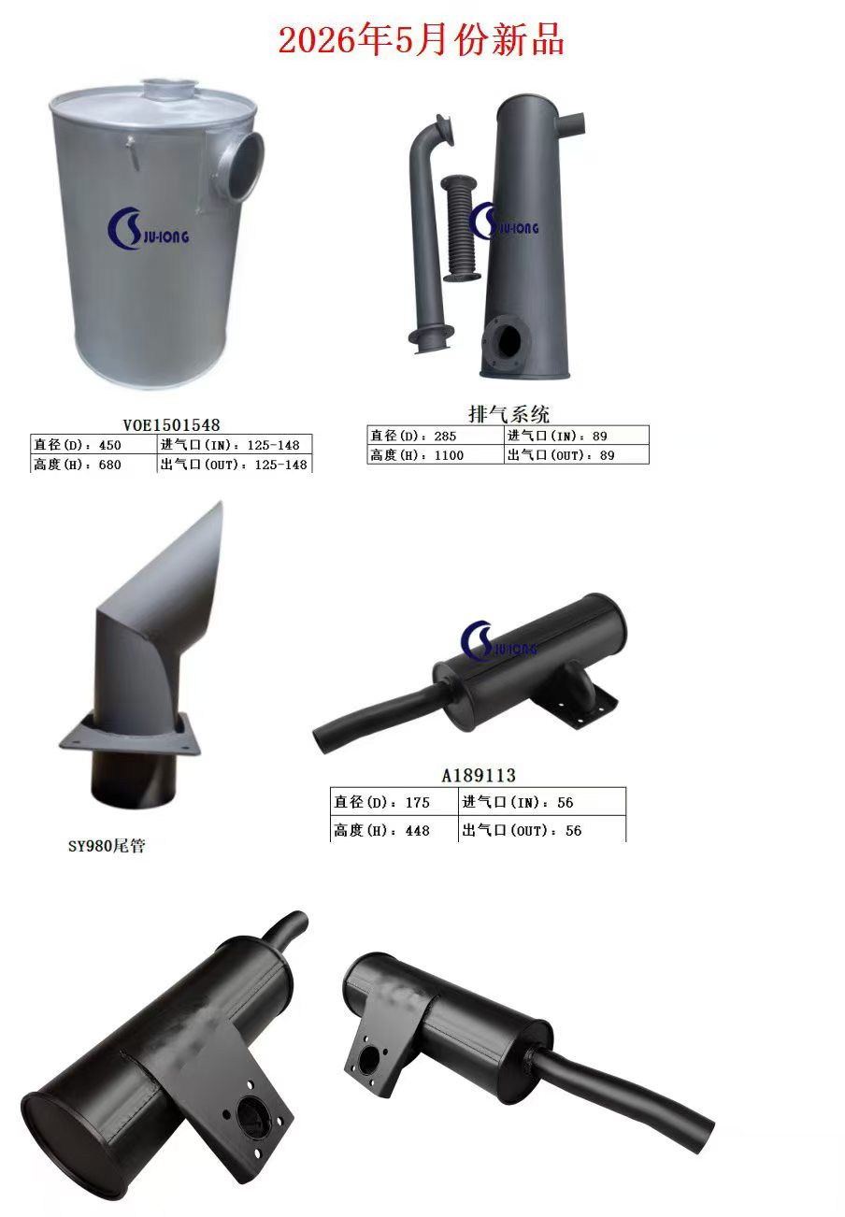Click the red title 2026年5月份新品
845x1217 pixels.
click(422, 40)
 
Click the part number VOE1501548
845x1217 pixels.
click(171, 425)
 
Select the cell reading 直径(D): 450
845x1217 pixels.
click(94, 444)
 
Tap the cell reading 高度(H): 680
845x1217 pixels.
click(94, 464)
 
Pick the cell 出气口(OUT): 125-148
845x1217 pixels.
click(235, 464)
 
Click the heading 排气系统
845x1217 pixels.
click(508, 414)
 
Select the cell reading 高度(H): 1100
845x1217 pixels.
click(436, 455)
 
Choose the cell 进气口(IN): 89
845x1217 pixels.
click(577, 436)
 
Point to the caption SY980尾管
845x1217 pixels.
click(107, 846)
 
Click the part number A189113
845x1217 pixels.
click(479, 775)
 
